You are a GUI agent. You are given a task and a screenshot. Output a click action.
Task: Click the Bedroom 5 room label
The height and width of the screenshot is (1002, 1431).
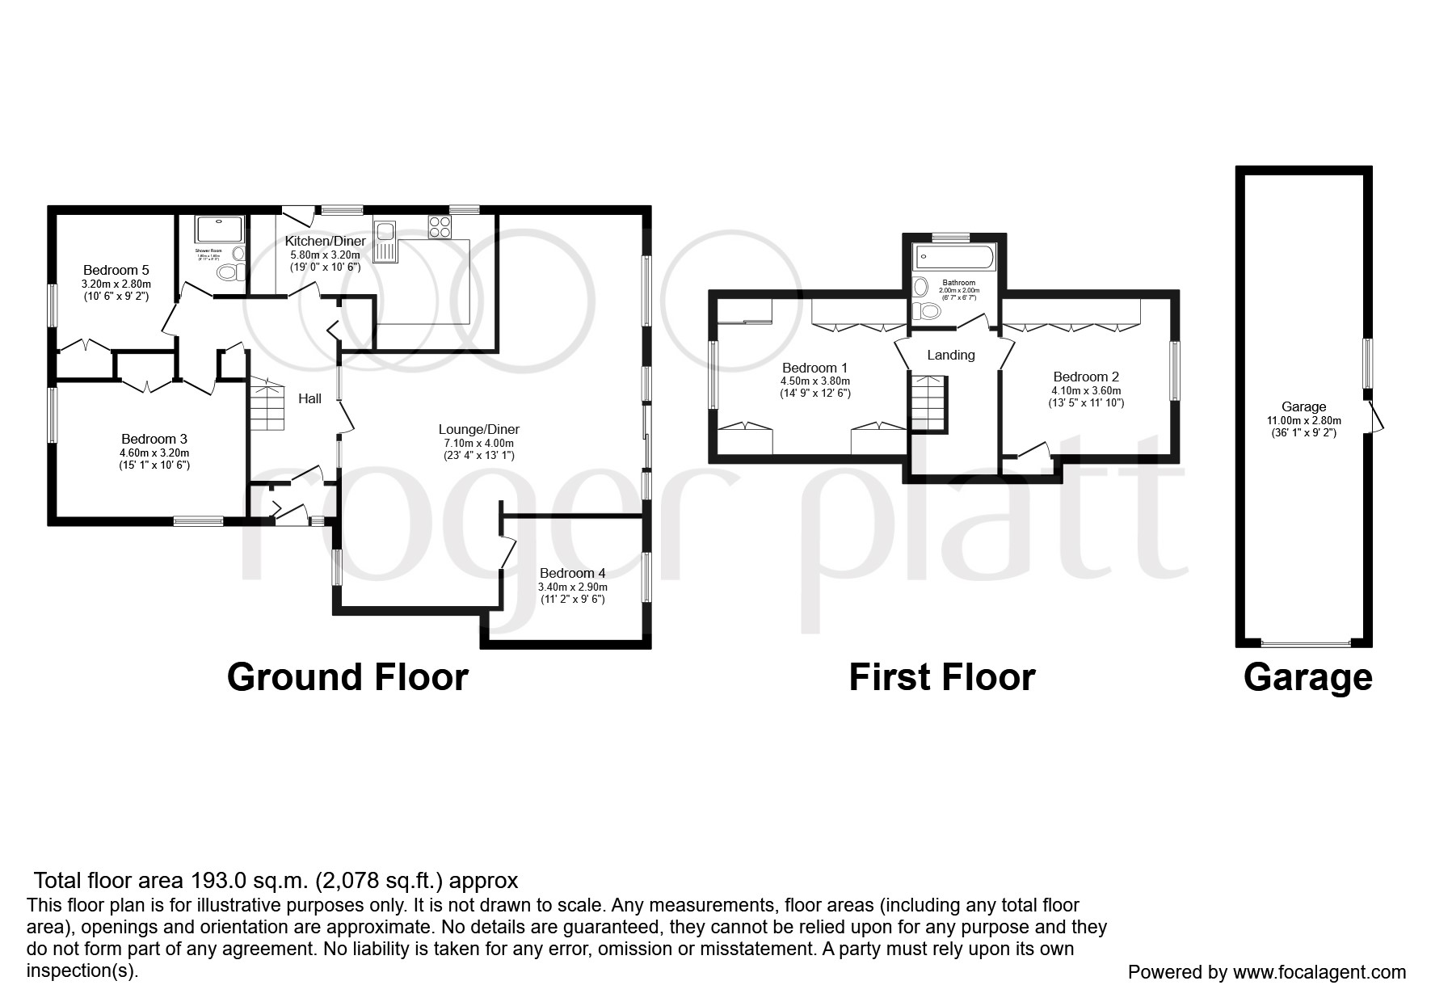click(x=116, y=270)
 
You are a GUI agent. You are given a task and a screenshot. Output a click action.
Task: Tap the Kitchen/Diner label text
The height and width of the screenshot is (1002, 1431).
click(x=325, y=241)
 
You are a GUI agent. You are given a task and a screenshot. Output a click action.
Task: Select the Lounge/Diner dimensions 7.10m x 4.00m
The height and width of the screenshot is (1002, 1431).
click(x=478, y=443)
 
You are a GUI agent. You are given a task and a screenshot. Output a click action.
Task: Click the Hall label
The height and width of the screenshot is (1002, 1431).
click(x=309, y=398)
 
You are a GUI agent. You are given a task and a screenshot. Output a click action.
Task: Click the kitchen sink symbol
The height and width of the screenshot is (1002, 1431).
click(x=385, y=241)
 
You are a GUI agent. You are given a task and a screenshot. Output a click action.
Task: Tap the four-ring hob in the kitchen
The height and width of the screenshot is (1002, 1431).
click(x=440, y=227)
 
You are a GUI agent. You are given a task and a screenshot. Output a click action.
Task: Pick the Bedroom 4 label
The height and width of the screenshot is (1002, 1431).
click(x=572, y=574)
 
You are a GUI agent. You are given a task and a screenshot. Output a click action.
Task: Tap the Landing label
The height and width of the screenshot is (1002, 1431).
click(x=950, y=355)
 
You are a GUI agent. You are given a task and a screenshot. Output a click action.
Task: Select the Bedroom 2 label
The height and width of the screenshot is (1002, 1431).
click(x=1086, y=377)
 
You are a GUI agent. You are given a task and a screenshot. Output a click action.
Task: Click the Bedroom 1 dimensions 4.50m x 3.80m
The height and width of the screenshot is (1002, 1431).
click(x=814, y=381)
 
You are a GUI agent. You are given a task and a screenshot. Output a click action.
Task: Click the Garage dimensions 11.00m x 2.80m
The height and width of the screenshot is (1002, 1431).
click(x=1303, y=420)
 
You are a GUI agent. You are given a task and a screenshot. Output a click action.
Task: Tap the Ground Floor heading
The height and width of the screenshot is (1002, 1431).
click(x=347, y=677)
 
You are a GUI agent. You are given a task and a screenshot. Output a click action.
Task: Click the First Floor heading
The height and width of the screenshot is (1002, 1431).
click(x=941, y=677)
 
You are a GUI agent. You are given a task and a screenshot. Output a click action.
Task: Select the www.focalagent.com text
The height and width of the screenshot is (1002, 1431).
click(x=1319, y=972)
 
